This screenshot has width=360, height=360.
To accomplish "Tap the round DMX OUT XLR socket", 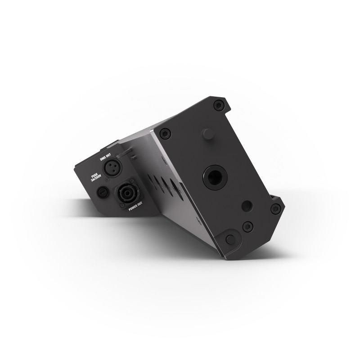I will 110,168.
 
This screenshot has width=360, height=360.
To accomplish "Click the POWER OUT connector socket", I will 124,195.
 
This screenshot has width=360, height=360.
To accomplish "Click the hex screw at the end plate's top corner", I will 219,105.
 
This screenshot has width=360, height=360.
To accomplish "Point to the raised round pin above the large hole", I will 207,134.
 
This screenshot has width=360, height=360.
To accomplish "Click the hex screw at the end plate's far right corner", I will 276,208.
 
